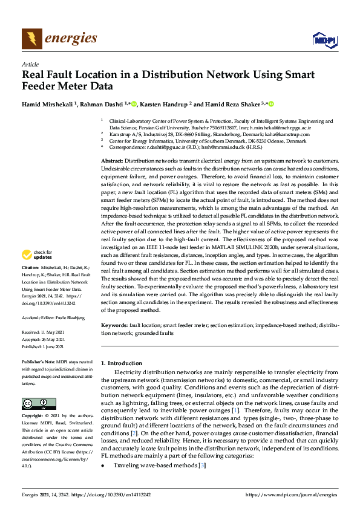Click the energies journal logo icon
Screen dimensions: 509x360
coord(31,39)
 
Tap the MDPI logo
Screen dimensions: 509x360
coord(324,40)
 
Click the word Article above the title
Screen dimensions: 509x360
coord(30,64)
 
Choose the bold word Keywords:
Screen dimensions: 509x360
coord(113,325)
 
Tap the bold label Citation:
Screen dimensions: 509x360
coord(30,267)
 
